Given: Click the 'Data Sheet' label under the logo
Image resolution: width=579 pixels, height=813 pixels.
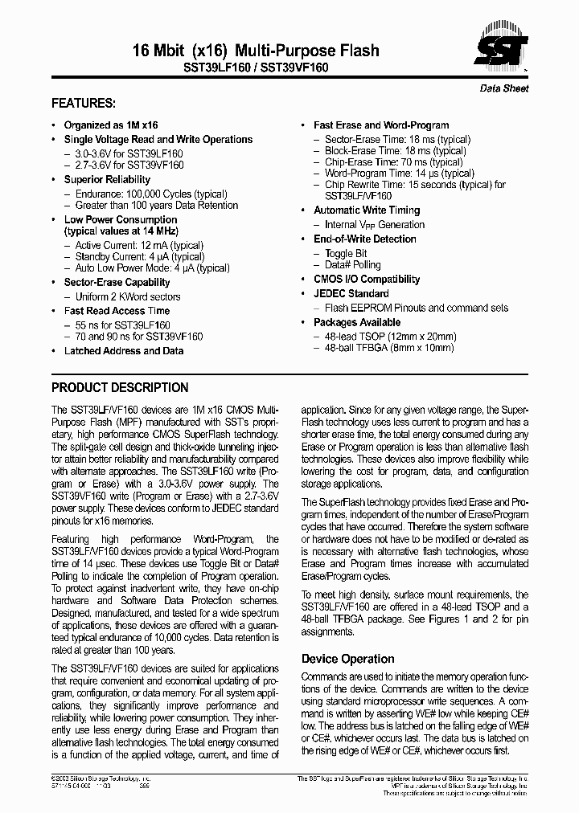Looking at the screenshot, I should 504,88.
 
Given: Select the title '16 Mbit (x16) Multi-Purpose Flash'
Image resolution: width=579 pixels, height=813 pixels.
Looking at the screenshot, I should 256,51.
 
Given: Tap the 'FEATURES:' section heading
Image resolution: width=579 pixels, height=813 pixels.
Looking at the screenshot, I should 84,104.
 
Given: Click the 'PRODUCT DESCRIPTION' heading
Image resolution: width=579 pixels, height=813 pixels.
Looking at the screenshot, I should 120,387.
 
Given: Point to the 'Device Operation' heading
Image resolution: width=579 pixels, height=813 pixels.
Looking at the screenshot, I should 347,659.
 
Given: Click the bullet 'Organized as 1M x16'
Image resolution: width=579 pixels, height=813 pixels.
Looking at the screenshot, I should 111,125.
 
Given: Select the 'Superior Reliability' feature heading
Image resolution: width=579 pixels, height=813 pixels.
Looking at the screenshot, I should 107,180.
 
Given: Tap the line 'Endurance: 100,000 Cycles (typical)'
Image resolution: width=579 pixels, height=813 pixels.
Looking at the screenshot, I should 151,194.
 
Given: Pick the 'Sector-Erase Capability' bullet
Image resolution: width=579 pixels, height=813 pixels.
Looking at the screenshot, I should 117,283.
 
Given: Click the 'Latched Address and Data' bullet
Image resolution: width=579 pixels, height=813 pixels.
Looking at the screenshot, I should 124,351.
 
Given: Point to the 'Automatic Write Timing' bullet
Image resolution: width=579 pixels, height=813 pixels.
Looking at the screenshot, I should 367,210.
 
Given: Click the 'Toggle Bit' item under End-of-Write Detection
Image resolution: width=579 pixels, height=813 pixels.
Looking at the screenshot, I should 346,253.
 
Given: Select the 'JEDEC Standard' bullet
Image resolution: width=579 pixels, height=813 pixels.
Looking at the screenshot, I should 351,293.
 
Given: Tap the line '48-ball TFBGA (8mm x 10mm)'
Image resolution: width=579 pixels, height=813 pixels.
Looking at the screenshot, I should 389,348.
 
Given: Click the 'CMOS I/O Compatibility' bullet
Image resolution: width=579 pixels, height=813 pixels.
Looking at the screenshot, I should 367,280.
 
